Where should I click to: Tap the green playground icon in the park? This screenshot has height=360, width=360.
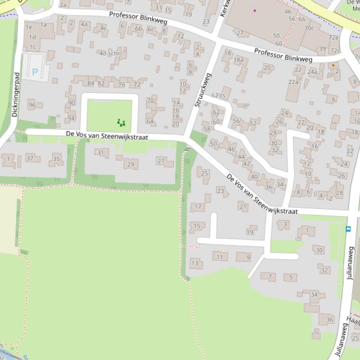pyautogui.click(x=121, y=123)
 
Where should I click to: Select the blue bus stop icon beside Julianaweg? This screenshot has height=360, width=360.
pyautogui.click(x=348, y=229)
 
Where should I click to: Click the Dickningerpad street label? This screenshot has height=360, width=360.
pyautogui.click(x=15, y=94)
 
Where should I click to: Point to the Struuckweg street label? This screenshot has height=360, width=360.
pyautogui.click(x=203, y=90)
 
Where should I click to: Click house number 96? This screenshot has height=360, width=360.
pyautogui.click(x=32, y=104)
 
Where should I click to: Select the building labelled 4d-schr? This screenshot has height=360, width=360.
pyautogui.click(x=110, y=53)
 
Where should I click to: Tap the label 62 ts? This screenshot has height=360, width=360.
pyautogui.click(x=218, y=95)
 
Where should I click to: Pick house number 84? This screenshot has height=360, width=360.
pyautogui.click(x=91, y=84)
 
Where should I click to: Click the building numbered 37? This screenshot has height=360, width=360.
pyautogui.click(x=30, y=158)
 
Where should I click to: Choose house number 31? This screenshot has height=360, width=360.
pyautogui.click(x=100, y=152)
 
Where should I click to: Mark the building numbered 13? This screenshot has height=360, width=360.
pyautogui.click(x=195, y=263)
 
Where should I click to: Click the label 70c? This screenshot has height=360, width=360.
pyautogui.click(x=309, y=28)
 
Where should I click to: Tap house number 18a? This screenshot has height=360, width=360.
pyautogui.click(x=238, y=60)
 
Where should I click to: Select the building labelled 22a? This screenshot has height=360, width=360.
pyautogui.click(x=293, y=82)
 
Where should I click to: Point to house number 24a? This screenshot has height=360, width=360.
pyautogui.click(x=312, y=72)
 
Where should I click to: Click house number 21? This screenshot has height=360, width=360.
pyautogui.click(x=242, y=206)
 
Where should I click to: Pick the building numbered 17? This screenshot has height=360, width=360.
pyautogui.click(x=198, y=207)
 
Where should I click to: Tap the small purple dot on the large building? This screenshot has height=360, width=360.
pyautogui.click(x=255, y=10)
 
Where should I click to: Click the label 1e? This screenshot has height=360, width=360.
pyautogui.click(x=29, y=27)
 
